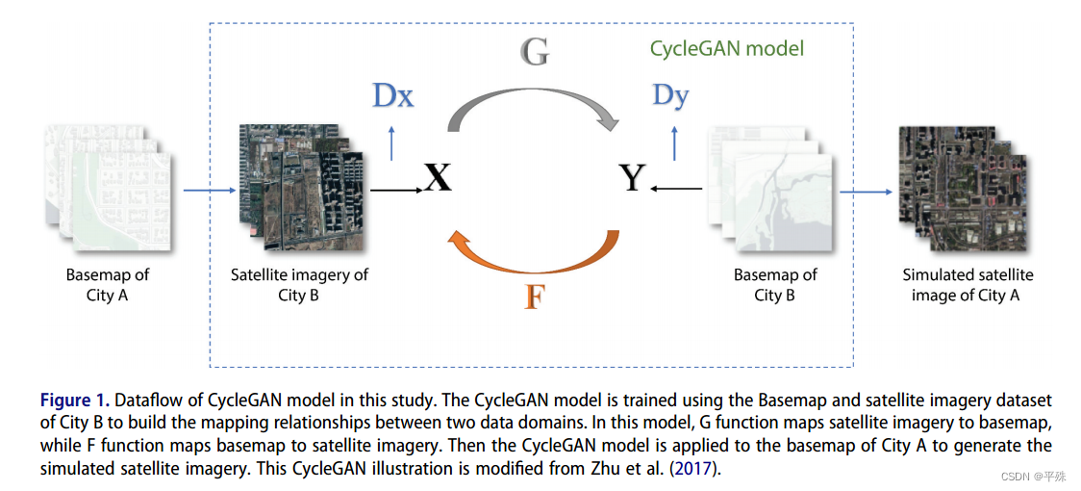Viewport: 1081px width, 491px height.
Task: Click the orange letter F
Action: pos(535,296)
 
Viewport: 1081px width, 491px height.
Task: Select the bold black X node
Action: pos(438,177)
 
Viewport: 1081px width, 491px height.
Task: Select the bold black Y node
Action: pos(631,177)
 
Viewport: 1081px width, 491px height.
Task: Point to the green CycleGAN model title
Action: pos(727,48)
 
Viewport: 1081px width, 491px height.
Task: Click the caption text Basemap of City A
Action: pos(108,284)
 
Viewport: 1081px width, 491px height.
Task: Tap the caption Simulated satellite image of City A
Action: pos(968,284)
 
